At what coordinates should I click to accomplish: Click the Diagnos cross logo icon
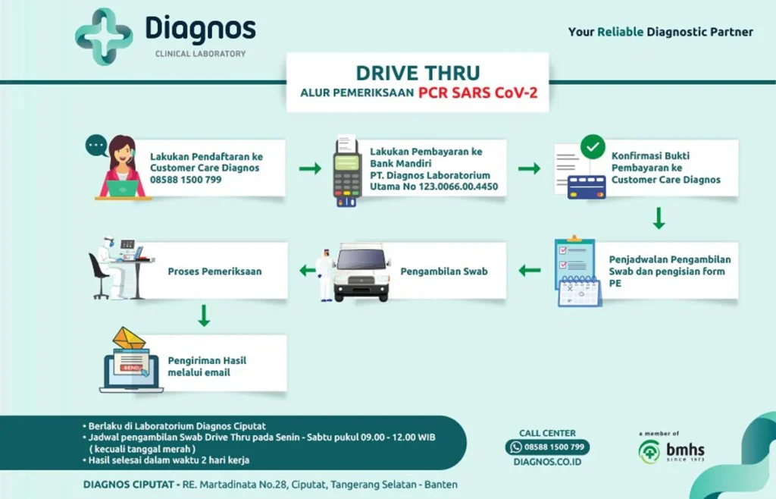(104, 36)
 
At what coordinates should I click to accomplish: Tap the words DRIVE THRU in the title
(418, 73)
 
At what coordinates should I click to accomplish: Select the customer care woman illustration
(122, 168)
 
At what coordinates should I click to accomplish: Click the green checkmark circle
(592, 146)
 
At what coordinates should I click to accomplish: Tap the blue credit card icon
(587, 187)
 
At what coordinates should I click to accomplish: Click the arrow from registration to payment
(309, 168)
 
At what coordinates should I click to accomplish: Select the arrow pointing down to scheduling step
(659, 218)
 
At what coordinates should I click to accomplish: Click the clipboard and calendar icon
(577, 271)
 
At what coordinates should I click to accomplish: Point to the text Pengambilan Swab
(443, 271)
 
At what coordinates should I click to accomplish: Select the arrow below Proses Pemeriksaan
(203, 315)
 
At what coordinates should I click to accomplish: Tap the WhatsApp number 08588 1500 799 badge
(547, 447)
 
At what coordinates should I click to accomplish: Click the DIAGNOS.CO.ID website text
(547, 461)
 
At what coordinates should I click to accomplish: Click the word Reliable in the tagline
(620, 32)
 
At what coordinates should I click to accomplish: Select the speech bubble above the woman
(96, 144)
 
